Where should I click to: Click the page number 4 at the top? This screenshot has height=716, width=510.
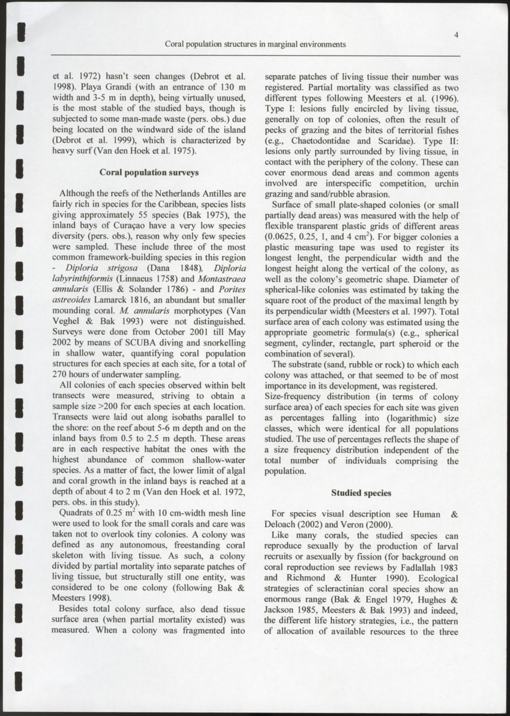(x=456, y=35)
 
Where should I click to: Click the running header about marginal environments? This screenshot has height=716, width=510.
(x=254, y=44)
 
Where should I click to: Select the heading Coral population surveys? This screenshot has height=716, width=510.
(x=149, y=173)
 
